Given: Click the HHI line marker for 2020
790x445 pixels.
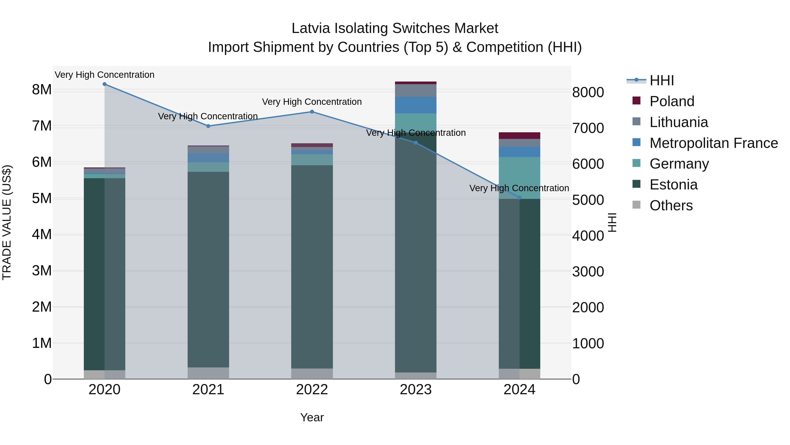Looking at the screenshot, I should pos(105,84).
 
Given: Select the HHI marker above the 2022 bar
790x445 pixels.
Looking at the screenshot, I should pos(312,112).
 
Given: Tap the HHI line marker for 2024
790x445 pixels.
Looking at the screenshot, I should pos(519,198).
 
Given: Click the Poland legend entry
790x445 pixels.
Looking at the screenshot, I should pos(672,101).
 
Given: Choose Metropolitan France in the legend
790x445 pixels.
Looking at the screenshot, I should pos(713,143).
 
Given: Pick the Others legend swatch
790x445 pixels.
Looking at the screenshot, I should pos(636,205).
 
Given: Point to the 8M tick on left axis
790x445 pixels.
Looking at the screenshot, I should pos(42,90).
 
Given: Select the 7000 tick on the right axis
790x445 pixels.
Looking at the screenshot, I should pos(588,128).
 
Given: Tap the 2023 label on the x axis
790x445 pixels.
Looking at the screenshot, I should pos(416,390).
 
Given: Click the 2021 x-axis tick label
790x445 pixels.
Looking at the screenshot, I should pos(208,390).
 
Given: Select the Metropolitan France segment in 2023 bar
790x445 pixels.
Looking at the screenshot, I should pos(416,105).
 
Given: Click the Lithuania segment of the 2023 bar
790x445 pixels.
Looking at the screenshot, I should pos(416,90).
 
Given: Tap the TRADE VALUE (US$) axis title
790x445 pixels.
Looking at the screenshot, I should pos(7,222).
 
